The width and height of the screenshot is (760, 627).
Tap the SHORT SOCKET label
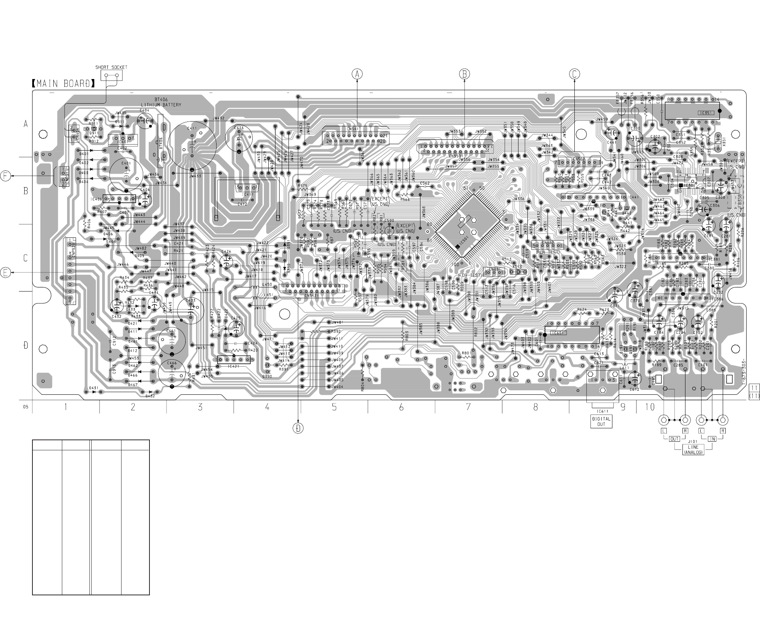point(111,67)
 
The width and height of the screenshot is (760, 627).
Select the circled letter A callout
point(357,74)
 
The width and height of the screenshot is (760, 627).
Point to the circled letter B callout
point(464,74)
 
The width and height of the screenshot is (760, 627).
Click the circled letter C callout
point(574,74)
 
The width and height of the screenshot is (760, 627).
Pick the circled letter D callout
point(299,428)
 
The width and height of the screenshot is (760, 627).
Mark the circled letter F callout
point(6,176)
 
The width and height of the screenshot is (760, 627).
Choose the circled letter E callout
point(6,273)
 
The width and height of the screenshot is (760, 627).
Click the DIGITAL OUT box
point(602,421)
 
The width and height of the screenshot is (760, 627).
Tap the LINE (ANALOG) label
point(693,450)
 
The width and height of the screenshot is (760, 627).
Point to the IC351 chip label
point(705,112)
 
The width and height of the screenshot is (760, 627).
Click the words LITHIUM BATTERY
point(161,105)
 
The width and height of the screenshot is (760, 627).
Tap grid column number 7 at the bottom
point(468,407)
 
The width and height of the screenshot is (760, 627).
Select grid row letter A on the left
point(26,124)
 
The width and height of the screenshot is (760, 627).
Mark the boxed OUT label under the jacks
point(675,439)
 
